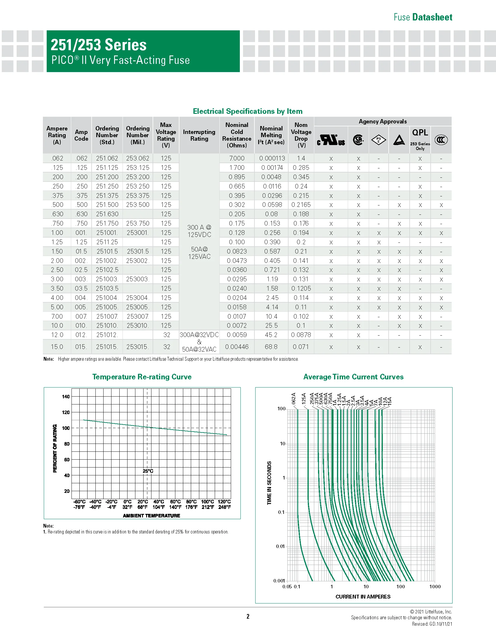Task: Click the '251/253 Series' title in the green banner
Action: (98, 45)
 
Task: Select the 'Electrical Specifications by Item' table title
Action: (247, 111)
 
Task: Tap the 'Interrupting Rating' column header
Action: (199, 135)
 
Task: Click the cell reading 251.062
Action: (107, 158)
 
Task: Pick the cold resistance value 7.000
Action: (237, 158)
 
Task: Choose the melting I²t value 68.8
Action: (271, 347)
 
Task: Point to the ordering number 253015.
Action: (137, 347)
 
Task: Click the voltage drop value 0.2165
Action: (301, 205)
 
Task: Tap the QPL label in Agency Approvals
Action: (420, 132)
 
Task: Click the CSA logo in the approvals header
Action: (358, 139)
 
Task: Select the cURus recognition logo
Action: (331, 140)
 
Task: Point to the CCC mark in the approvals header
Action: (441, 139)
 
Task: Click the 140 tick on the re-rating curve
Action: (66, 397)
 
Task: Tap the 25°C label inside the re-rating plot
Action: (148, 471)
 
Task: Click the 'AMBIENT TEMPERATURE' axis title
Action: (151, 516)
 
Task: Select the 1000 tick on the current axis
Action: (435, 587)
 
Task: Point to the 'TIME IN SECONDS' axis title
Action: (269, 483)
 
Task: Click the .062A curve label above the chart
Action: (294, 399)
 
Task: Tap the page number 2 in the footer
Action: (248, 616)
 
